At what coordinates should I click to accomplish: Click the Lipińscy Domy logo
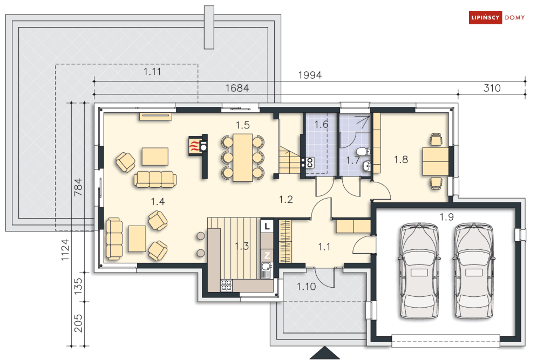pyautogui.click(x=497, y=17)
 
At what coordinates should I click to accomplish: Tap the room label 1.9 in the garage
pyautogui.click(x=446, y=217)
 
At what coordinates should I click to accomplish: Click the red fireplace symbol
pyautogui.click(x=194, y=146)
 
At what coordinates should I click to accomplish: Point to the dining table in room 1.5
pyautogui.click(x=242, y=157)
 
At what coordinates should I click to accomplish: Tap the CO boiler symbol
pyautogui.click(x=310, y=162)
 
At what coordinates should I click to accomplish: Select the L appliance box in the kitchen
pyautogui.click(x=267, y=226)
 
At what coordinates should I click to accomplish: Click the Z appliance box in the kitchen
pyautogui.click(x=267, y=255)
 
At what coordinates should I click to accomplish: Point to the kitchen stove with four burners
pyautogui.click(x=226, y=286)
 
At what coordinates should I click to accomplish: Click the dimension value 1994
pyautogui.click(x=310, y=75)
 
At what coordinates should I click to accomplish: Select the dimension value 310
pyautogui.click(x=492, y=88)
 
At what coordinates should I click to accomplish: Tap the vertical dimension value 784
pyautogui.click(x=78, y=187)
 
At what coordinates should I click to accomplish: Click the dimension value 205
pyautogui.click(x=78, y=323)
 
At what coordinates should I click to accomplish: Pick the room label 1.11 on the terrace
pyautogui.click(x=152, y=72)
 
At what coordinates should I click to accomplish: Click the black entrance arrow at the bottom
pyautogui.click(x=324, y=353)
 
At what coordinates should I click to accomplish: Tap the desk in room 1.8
pyautogui.click(x=436, y=161)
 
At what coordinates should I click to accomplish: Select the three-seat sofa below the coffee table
pyautogui.click(x=155, y=179)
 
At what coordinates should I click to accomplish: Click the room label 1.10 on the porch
pyautogui.click(x=306, y=287)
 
